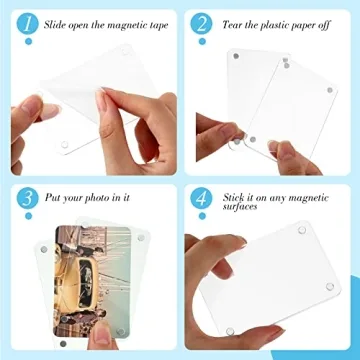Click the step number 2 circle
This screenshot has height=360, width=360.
(204, 24)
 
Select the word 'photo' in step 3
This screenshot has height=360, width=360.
(101, 198)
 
